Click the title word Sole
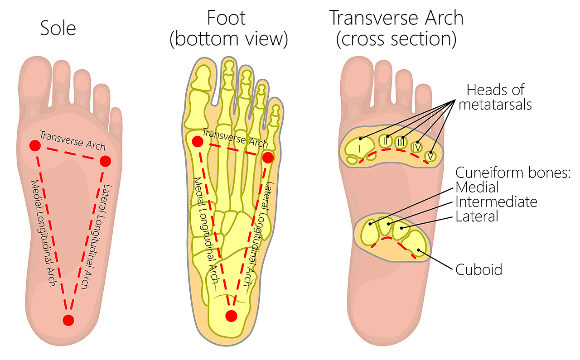58,28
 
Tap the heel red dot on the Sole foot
68,321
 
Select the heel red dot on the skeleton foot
231,316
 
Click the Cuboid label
478,269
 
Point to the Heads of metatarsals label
495,97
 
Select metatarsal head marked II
385,141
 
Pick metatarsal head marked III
401,142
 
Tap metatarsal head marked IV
417,147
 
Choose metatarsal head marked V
430,156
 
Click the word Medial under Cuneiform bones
477,187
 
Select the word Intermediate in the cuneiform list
496,202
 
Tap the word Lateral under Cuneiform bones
477,216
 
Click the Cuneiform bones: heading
512,173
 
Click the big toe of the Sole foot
35,80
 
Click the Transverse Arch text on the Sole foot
72,141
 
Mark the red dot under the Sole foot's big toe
35,145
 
